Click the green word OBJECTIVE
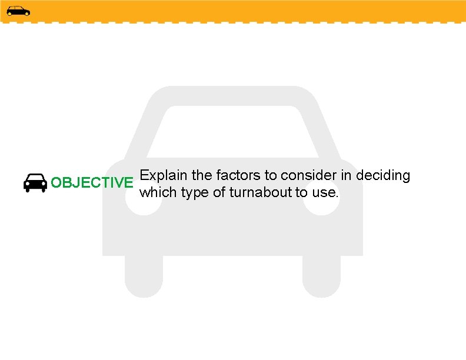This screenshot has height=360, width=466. point(92,182)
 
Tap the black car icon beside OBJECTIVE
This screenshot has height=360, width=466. point(35,183)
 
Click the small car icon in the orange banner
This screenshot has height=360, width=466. point(18,11)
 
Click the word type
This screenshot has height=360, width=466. point(194,192)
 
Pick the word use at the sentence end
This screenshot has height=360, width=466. point(325,192)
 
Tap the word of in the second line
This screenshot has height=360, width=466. point(218,192)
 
